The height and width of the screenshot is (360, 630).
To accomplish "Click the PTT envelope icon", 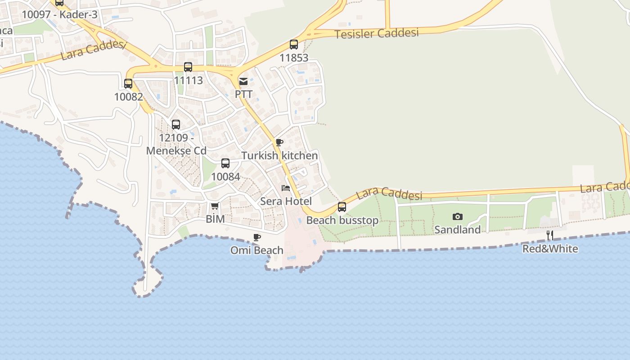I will click(x=243, y=81).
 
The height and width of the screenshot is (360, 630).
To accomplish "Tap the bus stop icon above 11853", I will click(x=294, y=45).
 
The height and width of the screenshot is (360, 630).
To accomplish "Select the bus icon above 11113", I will click(x=188, y=67).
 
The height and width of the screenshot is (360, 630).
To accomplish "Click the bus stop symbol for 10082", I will click(x=128, y=83).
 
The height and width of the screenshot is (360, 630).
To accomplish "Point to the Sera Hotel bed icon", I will click(x=286, y=188).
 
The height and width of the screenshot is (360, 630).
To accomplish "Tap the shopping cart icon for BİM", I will click(x=215, y=206).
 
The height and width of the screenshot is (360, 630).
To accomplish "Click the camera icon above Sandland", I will click(x=458, y=217).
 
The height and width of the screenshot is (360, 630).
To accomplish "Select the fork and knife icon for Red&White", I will click(x=549, y=235).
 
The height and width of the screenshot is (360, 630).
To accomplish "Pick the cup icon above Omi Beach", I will click(x=257, y=237).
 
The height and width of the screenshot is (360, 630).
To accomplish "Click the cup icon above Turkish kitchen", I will click(x=279, y=143).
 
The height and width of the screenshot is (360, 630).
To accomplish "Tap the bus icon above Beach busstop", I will click(x=342, y=207).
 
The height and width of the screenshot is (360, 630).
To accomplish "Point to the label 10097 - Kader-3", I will click(x=59, y=14).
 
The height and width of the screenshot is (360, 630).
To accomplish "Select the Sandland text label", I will click(x=458, y=229).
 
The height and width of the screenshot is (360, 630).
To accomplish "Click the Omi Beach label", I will click(x=257, y=250).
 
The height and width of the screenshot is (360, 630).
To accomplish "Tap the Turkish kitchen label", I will click(x=279, y=156).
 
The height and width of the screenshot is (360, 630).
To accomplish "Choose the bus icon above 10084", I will click(x=225, y=163).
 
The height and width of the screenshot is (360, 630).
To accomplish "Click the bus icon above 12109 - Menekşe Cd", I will click(x=176, y=125).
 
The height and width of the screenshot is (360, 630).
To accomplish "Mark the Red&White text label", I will click(x=550, y=248).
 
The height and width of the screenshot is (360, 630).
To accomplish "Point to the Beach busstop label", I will click(x=342, y=220).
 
